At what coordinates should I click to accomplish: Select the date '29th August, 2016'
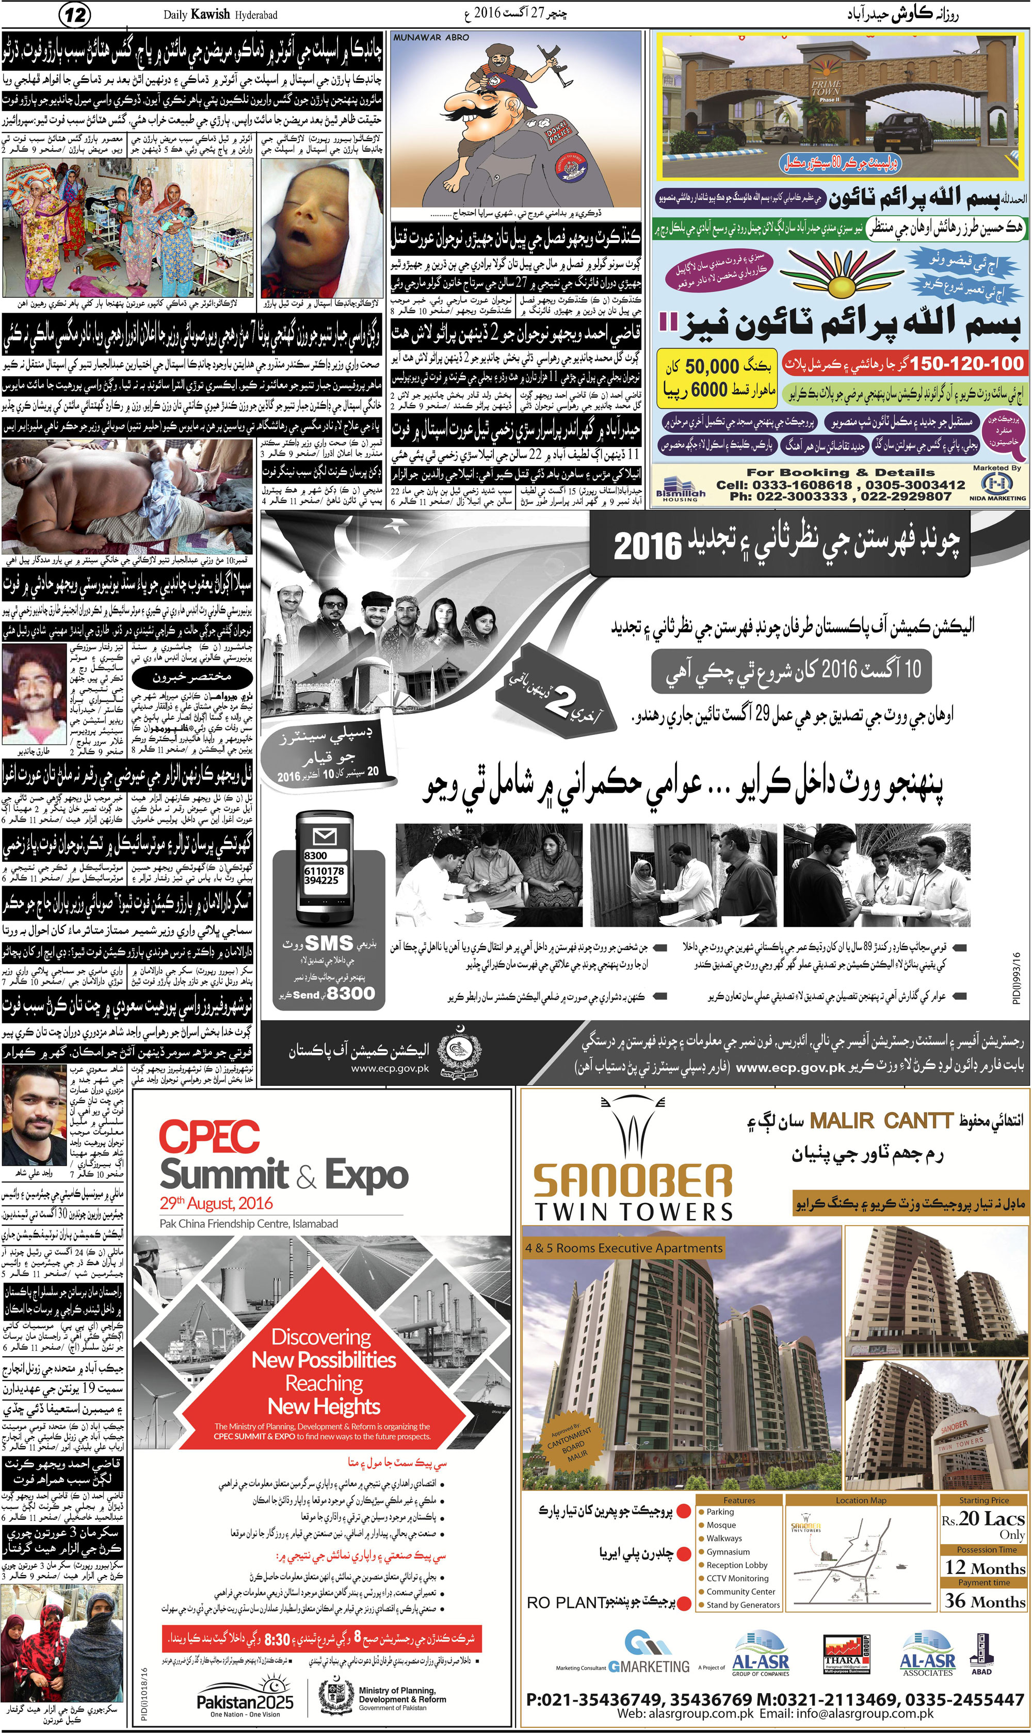point(216,1203)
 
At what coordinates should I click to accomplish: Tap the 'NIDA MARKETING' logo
point(997,485)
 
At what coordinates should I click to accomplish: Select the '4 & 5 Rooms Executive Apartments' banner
point(624,1248)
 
